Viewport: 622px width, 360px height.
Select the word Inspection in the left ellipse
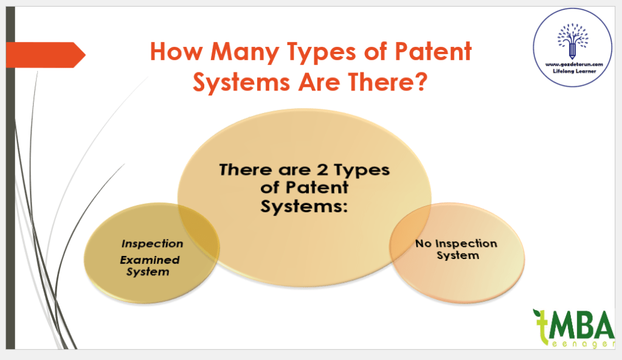(x=152, y=243)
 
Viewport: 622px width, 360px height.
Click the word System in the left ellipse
(x=147, y=272)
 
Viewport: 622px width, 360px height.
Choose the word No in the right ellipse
(x=423, y=244)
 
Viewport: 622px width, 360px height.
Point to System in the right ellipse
(x=457, y=255)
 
